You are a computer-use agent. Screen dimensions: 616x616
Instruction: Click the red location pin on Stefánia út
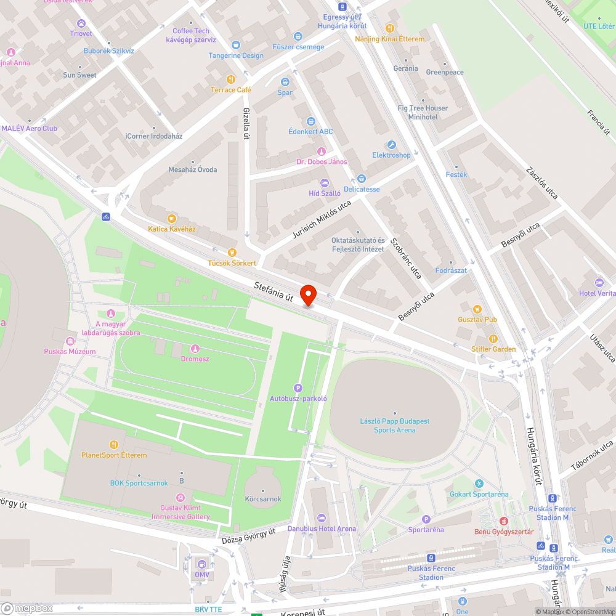307,295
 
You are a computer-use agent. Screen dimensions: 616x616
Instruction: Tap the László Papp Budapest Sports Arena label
394,426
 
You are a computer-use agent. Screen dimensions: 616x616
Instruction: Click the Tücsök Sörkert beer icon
232,252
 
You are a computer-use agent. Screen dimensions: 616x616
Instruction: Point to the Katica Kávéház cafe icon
172,218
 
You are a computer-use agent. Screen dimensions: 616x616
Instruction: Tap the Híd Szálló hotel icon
325,183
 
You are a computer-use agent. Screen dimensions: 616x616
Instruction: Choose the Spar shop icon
285,81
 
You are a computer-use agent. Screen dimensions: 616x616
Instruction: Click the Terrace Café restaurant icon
231,79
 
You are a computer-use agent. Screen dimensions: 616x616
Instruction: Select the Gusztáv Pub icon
477,309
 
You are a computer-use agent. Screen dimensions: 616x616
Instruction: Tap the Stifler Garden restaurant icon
493,339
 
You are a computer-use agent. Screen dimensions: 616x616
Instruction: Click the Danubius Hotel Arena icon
321,518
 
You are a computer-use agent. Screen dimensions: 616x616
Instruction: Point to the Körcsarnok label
263,498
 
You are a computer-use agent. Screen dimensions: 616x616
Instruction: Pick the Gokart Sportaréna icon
479,484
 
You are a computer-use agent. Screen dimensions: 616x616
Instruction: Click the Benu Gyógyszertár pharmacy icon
503,521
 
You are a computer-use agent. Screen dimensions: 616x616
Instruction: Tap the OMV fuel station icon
202,563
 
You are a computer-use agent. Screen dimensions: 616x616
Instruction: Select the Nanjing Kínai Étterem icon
389,28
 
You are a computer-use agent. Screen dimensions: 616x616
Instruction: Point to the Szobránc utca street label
407,256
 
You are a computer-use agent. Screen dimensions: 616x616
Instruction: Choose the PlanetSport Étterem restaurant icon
114,445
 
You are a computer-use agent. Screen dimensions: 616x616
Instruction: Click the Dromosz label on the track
195,358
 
